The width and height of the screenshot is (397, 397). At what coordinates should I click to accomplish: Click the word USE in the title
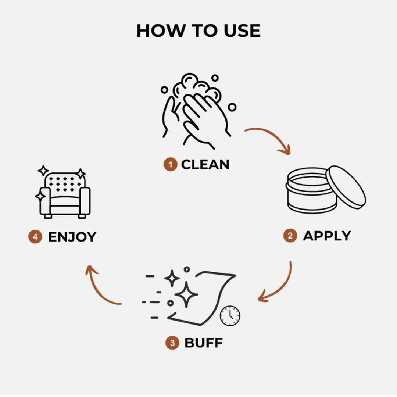pyautogui.click(x=242, y=31)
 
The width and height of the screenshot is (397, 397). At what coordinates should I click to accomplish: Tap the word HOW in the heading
pyautogui.click(x=161, y=31)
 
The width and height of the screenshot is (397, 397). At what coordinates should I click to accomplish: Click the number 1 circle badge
pyautogui.click(x=171, y=164)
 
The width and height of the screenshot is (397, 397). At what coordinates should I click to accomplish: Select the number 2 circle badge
pyautogui.click(x=290, y=236)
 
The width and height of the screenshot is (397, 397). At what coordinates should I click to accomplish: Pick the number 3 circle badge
pyautogui.click(x=172, y=343)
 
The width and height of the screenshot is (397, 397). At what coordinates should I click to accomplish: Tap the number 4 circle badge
pyautogui.click(x=35, y=237)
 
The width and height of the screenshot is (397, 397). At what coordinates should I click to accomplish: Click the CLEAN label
pyautogui.click(x=205, y=165)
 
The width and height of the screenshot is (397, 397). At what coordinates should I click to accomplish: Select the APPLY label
pyautogui.click(x=327, y=236)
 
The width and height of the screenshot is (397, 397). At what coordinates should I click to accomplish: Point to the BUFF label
pyautogui.click(x=204, y=343)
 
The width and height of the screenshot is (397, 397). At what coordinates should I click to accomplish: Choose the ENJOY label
pyautogui.click(x=72, y=237)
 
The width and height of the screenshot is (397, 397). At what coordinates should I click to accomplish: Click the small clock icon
pyautogui.click(x=230, y=316)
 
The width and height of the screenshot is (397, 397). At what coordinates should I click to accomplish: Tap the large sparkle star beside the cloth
pyautogui.click(x=186, y=294)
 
